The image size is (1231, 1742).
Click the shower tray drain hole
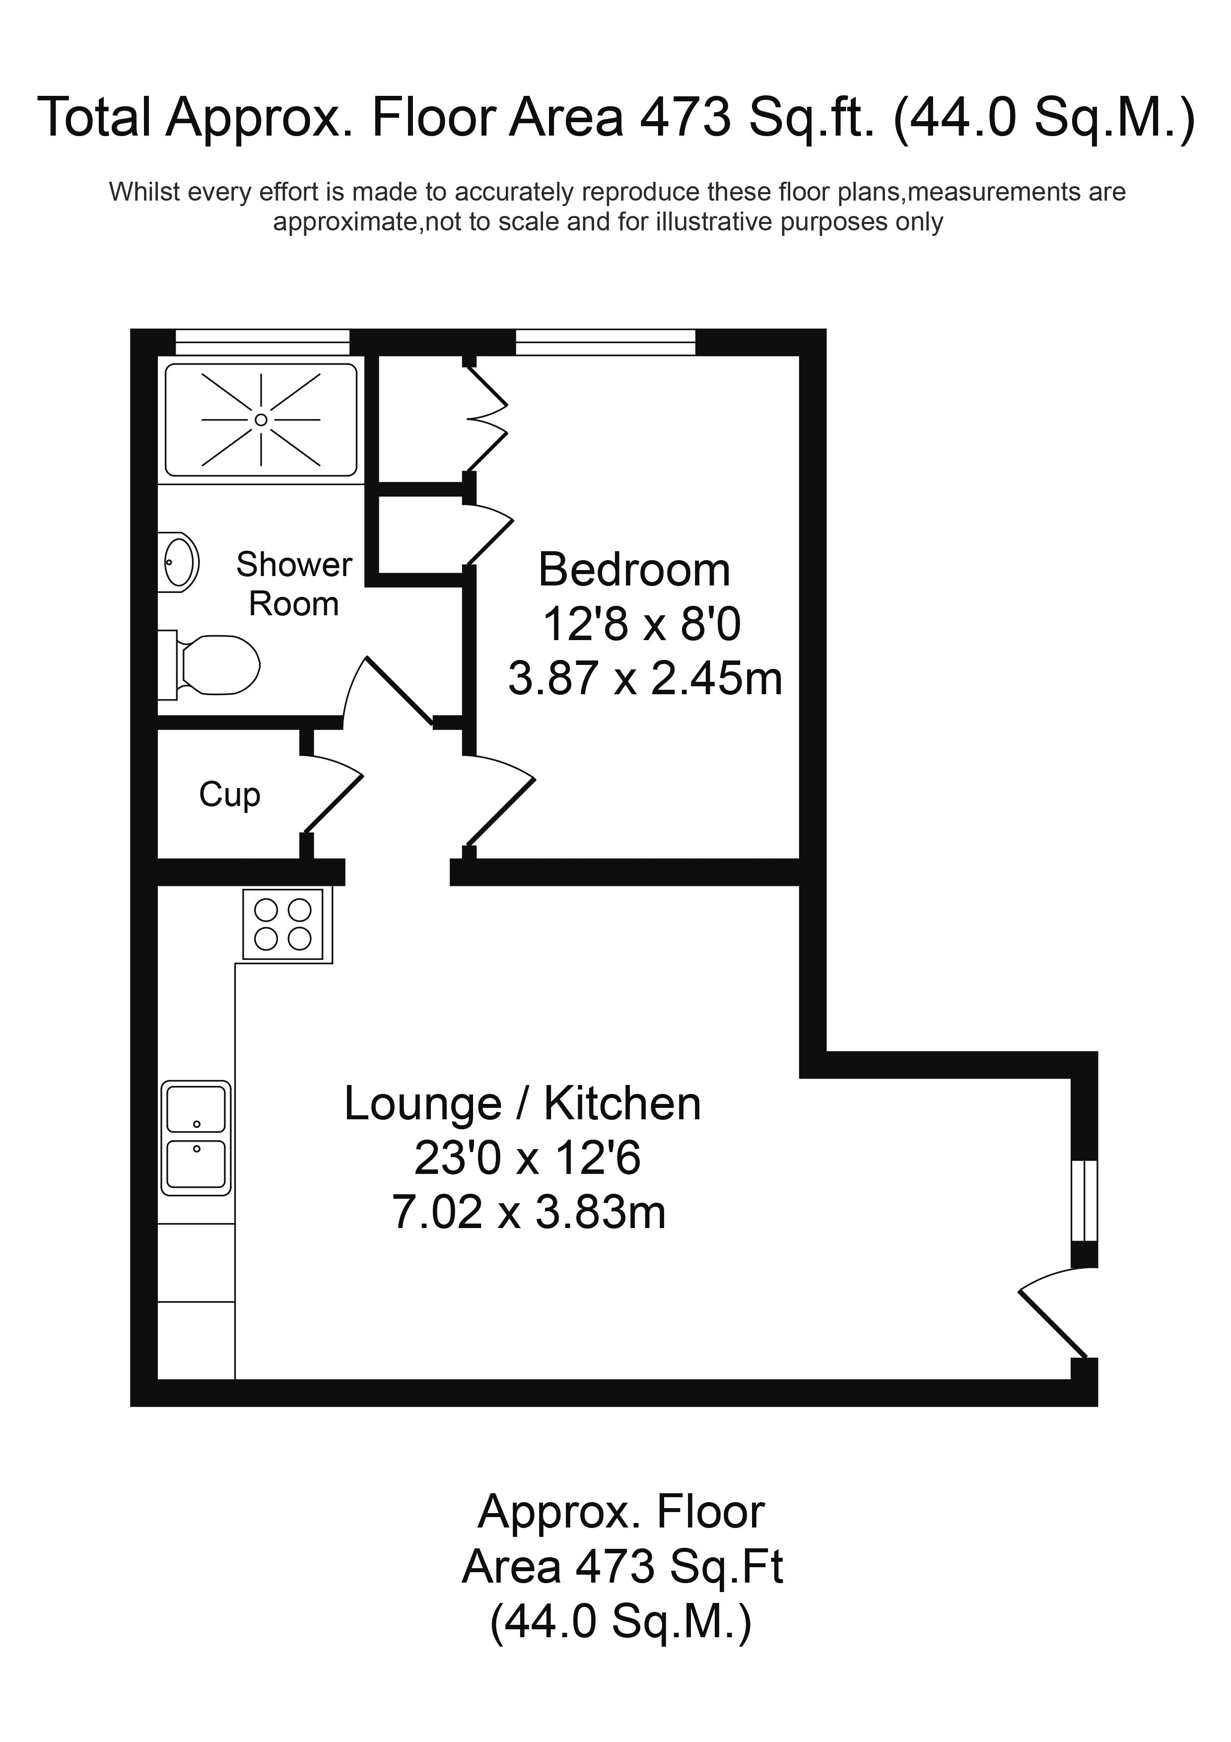coord(261,420)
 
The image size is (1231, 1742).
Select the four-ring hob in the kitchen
coord(283,923)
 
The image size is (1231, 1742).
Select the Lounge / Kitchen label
coord(523,1104)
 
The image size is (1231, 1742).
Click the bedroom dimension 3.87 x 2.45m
coord(645,678)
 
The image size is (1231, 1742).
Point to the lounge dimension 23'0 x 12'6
coord(527,1159)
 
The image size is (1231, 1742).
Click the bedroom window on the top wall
coord(605,342)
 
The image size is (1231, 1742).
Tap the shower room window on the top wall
coord(263,342)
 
